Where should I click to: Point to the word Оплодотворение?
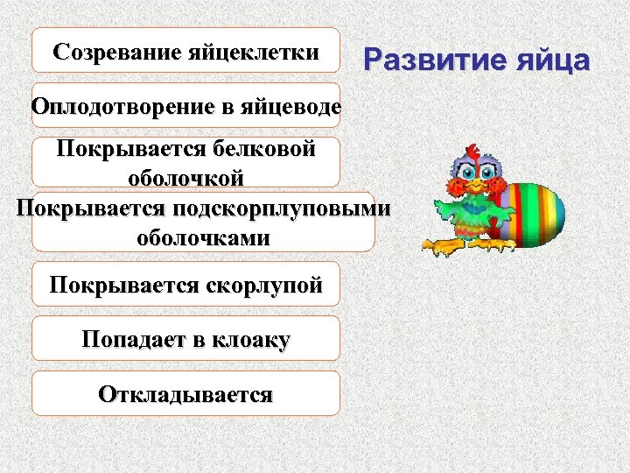(122, 107)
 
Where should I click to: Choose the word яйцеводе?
(288, 107)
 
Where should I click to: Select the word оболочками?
(203, 237)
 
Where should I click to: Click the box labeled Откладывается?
(185, 393)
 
